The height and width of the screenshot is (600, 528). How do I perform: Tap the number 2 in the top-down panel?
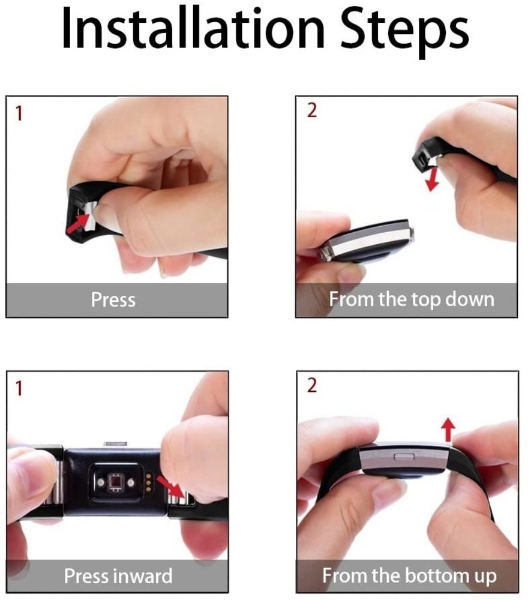[x=311, y=112]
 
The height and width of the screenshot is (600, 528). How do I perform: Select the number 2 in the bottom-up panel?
[x=311, y=385]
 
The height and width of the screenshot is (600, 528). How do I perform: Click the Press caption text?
[x=113, y=299]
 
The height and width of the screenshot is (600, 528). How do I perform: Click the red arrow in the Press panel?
[x=76, y=224]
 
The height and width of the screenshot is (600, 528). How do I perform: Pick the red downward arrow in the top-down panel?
[x=430, y=179]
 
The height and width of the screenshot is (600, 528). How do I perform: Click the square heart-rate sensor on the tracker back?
[x=112, y=482]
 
